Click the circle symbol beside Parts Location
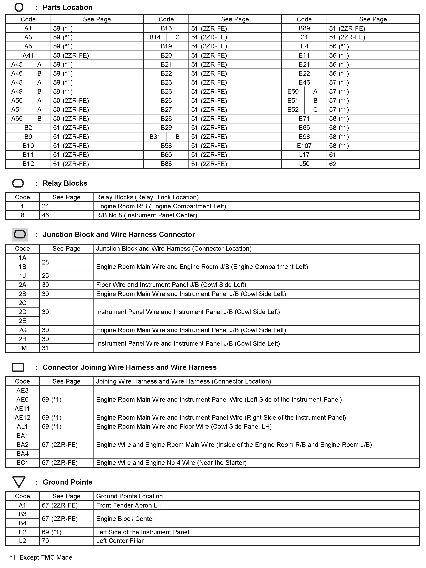[x=19, y=7]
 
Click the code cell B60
[x=166, y=155]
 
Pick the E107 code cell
[x=304, y=146]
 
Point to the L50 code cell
[x=304, y=164]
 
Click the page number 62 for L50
[x=333, y=164]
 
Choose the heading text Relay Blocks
[x=65, y=183]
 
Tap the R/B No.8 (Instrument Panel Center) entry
[x=147, y=215]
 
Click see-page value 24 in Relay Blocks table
[x=45, y=206]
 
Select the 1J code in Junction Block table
[x=22, y=276]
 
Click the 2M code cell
[x=22, y=348]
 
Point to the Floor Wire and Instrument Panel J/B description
[x=171, y=285]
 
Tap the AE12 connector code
[x=22, y=418]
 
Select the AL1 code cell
[x=22, y=427]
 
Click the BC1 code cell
[x=22, y=463]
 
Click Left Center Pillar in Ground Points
[x=120, y=541]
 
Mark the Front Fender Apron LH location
[x=129, y=505]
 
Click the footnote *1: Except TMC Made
[x=41, y=557]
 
